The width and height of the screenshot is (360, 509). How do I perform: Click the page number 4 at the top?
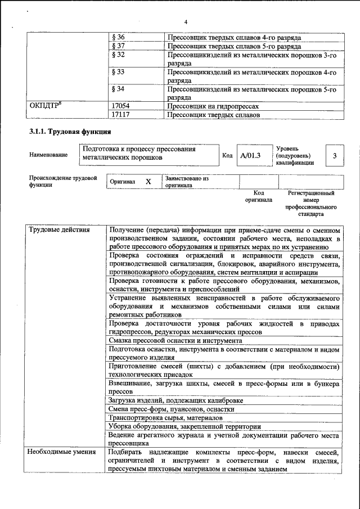tap(184, 22)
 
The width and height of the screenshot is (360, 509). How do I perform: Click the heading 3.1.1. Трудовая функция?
tap(70, 133)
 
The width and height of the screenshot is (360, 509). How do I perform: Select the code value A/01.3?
tap(250, 155)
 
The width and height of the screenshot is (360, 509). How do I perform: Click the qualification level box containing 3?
tap(336, 155)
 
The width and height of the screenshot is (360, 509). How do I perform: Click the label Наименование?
tap(49, 155)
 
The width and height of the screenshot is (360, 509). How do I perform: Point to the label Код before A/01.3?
tap(227, 155)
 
